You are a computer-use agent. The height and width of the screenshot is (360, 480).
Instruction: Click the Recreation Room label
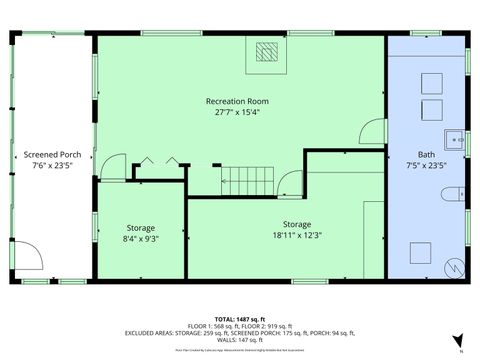[240, 101]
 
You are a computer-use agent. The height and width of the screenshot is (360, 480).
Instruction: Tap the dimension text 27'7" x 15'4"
[240, 113]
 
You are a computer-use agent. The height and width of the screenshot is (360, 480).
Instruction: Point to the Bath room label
[426, 155]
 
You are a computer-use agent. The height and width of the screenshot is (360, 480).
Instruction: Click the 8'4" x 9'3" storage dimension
[140, 239]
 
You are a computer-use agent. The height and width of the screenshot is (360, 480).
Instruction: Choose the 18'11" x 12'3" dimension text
[296, 236]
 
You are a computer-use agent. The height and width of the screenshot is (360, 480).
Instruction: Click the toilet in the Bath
[453, 192]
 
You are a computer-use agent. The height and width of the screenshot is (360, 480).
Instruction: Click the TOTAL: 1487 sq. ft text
[239, 317]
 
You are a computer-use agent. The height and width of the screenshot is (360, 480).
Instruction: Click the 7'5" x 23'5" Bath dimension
[426, 167]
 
